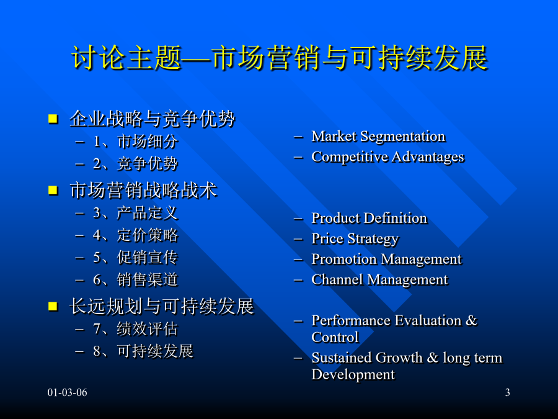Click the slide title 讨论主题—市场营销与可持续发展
280,57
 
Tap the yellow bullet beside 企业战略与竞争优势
53,119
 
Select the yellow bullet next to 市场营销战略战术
53,191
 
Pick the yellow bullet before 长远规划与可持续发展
53,307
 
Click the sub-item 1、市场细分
135,142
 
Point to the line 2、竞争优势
135,164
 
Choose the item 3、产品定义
135,213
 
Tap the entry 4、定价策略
135,235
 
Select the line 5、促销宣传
135,258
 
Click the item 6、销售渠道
135,280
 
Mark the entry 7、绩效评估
135,329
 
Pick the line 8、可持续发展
143,351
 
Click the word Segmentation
403,137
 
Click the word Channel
337,279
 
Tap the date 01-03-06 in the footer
67,393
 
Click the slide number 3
507,393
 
